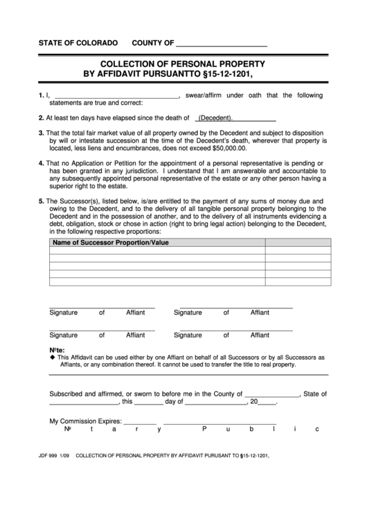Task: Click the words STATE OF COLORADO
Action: pos(78,43)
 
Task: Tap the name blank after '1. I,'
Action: pos(116,96)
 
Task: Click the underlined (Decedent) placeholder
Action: pos(215,118)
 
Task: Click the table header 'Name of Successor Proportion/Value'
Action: pos(111,243)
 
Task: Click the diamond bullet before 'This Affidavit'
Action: pos(53,358)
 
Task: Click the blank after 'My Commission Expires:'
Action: pos(141,421)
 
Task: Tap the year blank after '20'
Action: pos(267,402)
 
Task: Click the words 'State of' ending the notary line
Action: pos(315,394)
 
